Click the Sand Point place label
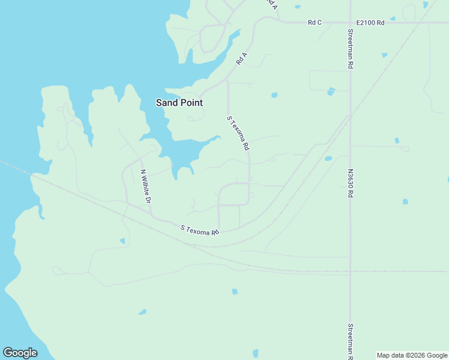click(179, 103)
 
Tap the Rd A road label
click(241, 59)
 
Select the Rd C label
click(315, 23)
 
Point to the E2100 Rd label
click(370, 23)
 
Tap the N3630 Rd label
click(350, 184)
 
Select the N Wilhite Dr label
click(145, 186)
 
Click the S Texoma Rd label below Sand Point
click(238, 133)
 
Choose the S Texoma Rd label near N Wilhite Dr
click(200, 229)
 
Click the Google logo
click(20, 353)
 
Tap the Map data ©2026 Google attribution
click(412, 355)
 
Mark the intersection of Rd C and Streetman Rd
click(350, 23)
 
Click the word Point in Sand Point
click(191, 103)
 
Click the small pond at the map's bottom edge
click(255, 353)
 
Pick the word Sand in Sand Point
click(166, 103)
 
